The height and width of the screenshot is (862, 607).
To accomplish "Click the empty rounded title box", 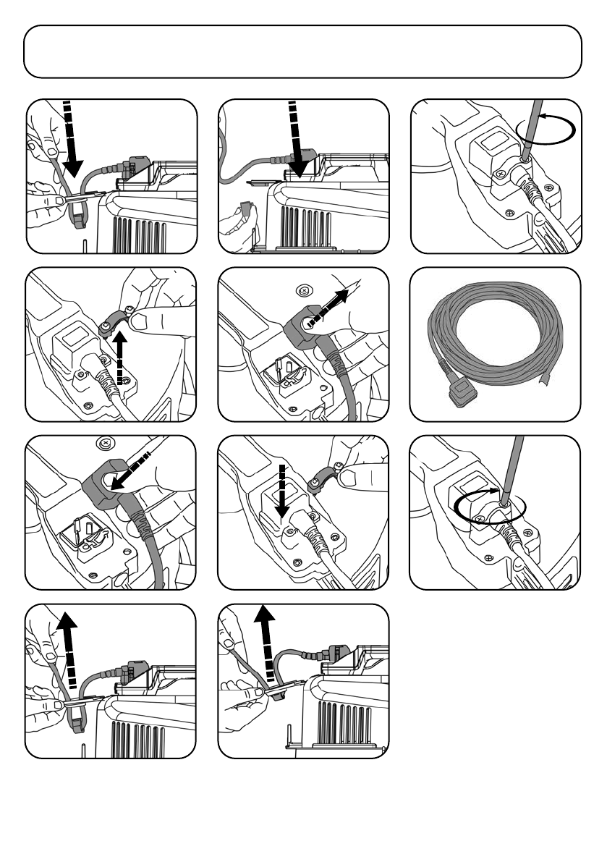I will pos(302,51).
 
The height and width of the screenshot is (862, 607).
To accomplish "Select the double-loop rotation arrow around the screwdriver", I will pos(489,504).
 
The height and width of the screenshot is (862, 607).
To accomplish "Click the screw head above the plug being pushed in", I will pos(106,443).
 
